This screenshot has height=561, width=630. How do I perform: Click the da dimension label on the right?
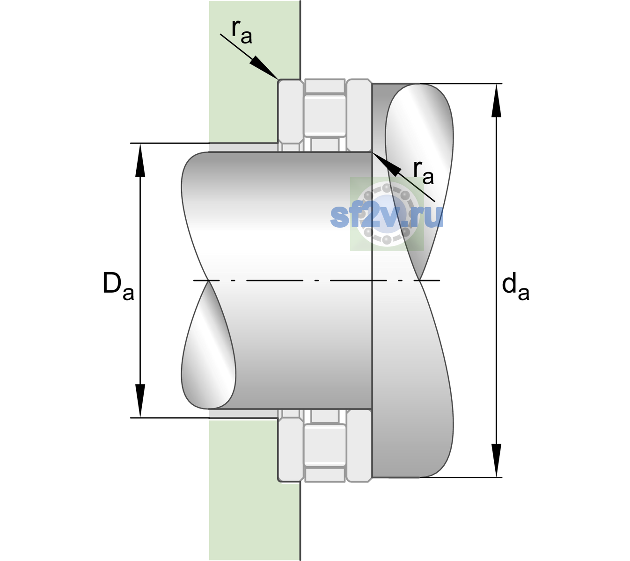516,287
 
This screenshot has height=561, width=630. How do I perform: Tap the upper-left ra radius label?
242,32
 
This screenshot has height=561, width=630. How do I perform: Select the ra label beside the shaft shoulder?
423,173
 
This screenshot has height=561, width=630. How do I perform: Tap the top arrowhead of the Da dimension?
140,160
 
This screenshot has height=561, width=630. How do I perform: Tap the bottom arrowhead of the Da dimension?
140,401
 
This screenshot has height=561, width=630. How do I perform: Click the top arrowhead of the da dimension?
496,101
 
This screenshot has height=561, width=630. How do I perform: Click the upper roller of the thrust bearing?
325,116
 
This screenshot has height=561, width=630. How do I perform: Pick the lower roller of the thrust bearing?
325,445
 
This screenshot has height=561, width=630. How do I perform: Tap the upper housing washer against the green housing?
291,115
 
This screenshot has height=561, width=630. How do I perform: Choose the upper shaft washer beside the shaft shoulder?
359,115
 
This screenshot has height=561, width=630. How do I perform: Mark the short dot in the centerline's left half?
316,280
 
